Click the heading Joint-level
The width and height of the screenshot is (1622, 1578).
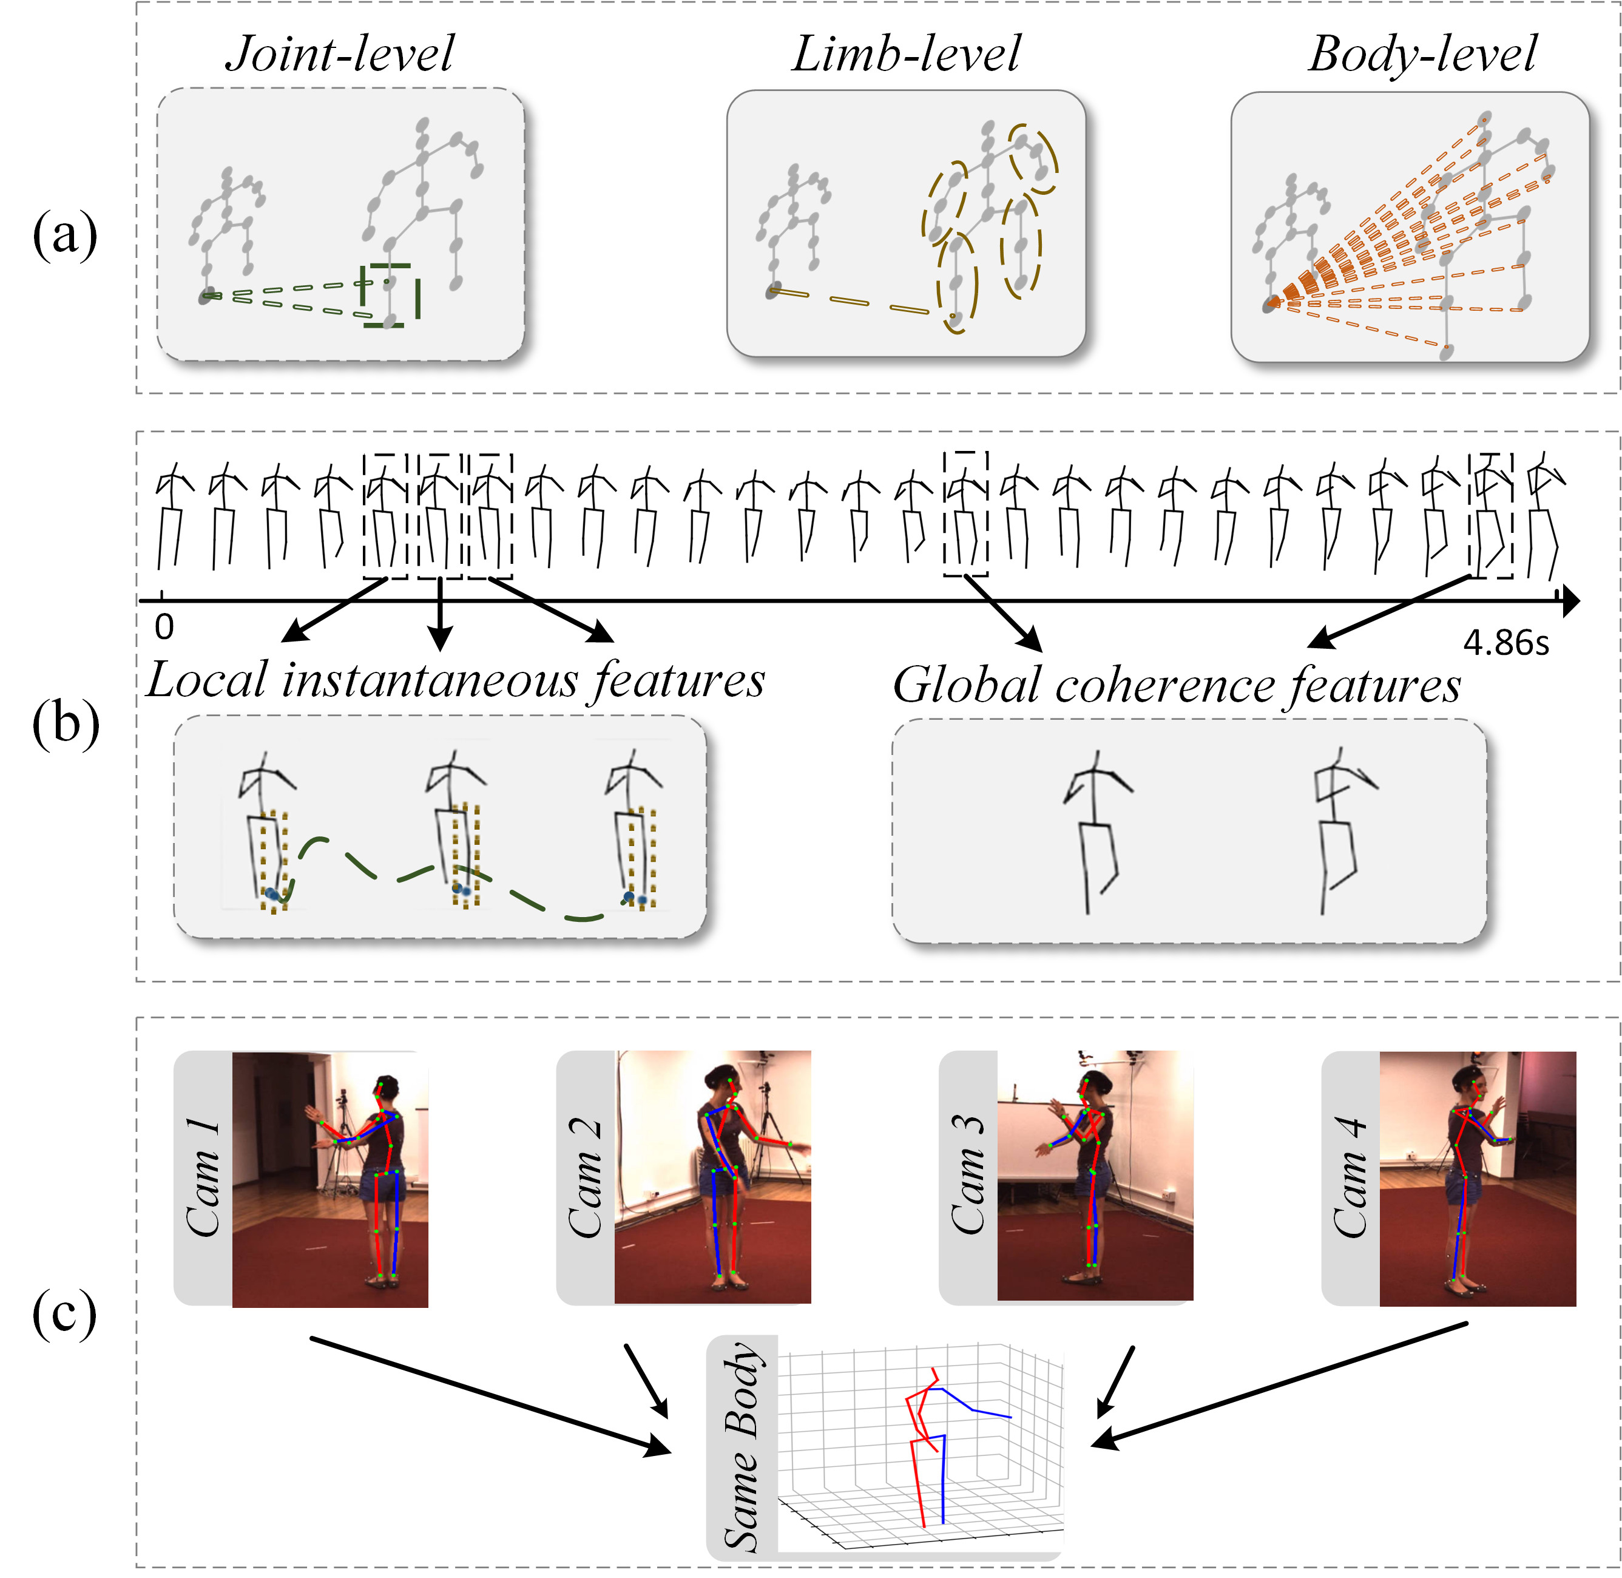(x=340, y=54)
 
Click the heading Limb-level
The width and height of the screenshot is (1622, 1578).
(x=906, y=54)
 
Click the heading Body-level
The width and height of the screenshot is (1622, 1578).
(x=1422, y=54)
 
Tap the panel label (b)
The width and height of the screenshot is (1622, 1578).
(x=66, y=723)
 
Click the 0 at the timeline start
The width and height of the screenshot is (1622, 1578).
(x=164, y=628)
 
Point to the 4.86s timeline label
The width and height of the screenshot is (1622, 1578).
(x=1505, y=642)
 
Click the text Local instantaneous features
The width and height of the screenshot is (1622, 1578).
(x=455, y=680)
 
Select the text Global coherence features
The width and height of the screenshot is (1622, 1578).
(x=1176, y=685)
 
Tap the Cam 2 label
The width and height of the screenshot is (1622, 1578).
(x=585, y=1177)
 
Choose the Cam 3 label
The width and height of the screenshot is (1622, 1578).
(x=968, y=1177)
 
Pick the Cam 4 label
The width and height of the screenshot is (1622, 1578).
(x=1350, y=1177)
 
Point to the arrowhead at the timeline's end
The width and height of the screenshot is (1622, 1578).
(x=1569, y=601)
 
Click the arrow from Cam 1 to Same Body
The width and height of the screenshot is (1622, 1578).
(x=489, y=1395)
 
